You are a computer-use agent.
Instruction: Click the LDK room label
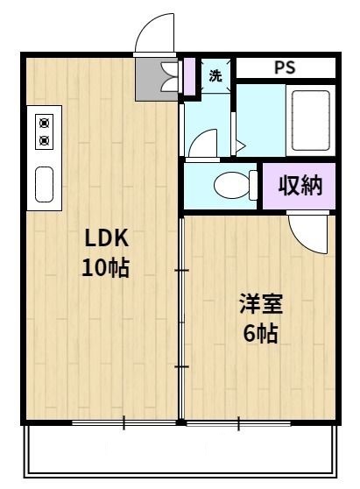(106, 237)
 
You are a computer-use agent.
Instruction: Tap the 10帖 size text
(106, 268)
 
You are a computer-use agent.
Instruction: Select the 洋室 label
(262, 306)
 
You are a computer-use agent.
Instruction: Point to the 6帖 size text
(262, 334)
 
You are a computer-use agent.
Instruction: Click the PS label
(286, 67)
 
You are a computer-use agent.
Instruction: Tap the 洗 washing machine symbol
(215, 74)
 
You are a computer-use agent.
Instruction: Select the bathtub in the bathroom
(309, 122)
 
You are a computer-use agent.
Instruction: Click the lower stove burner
(44, 138)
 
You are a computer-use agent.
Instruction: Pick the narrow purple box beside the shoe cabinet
(188, 76)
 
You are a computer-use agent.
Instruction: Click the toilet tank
(254, 186)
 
